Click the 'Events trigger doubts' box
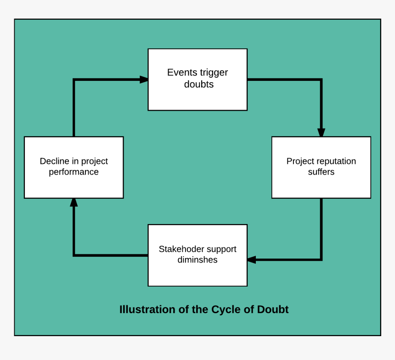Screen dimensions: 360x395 click(197, 79)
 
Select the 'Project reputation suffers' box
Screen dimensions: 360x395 click(321, 167)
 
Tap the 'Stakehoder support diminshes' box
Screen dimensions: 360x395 click(197, 255)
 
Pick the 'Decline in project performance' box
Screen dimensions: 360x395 click(73, 167)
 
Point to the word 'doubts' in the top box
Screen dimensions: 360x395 click(198, 84)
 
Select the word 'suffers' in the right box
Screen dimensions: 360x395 click(321, 172)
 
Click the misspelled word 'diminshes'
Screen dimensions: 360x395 click(197, 260)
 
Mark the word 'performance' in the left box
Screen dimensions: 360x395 click(73, 172)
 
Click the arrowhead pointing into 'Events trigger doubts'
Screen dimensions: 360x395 click(144, 79)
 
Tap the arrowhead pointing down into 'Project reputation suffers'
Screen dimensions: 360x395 click(321, 133)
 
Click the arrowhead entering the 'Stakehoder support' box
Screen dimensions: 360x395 click(251, 260)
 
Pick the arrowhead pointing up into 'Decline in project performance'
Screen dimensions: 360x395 click(73, 202)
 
